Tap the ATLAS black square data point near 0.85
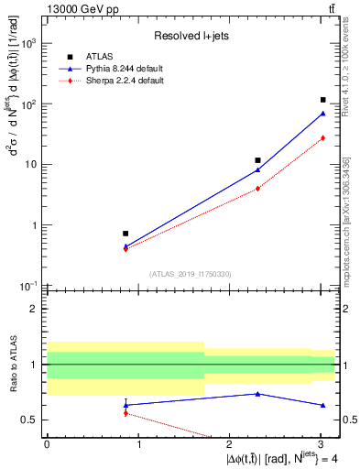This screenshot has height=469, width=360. (x=125, y=234)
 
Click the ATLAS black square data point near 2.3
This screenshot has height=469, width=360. (x=258, y=160)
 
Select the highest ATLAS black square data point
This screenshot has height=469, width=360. (x=323, y=100)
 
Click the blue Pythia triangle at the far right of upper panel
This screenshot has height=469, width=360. (x=323, y=114)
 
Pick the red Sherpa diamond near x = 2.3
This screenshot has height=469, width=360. (x=258, y=189)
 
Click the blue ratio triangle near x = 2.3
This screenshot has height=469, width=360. (x=258, y=394)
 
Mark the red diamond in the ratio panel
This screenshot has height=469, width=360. (x=125, y=413)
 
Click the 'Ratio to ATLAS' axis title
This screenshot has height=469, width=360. (x=13, y=365)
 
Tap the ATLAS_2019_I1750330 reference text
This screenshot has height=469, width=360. (x=191, y=274)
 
